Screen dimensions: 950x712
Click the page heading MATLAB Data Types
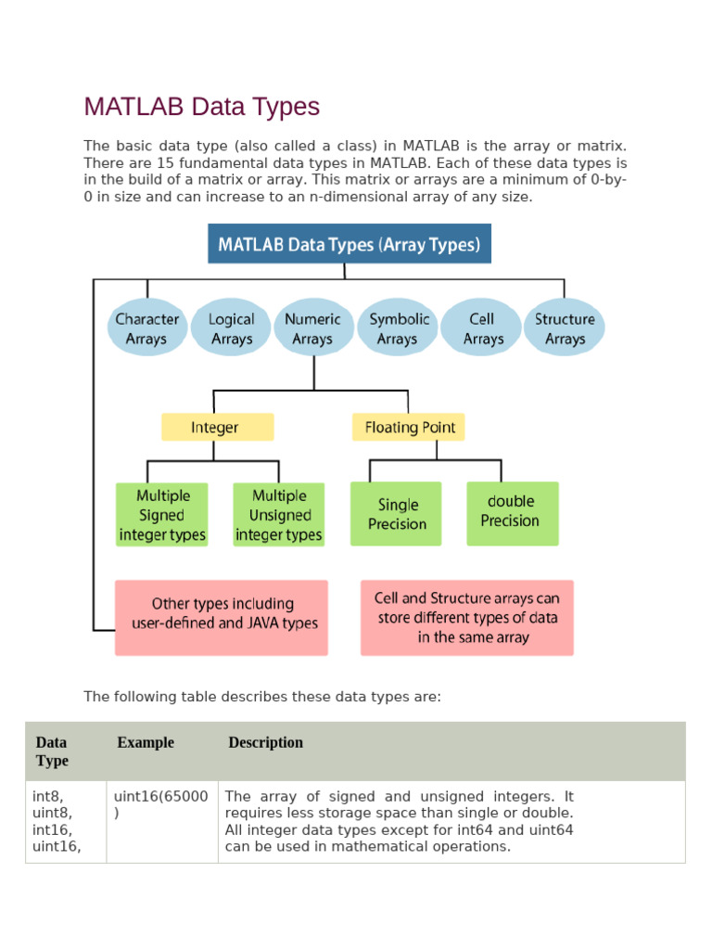coord(201,107)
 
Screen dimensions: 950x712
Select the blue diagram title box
coord(349,244)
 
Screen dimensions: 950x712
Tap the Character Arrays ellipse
coord(146,328)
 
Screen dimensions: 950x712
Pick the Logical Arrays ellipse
coord(231,328)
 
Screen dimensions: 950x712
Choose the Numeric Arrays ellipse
coord(312,328)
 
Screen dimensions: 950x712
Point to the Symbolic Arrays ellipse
coord(399,328)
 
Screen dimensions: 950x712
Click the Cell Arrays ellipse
coord(482,328)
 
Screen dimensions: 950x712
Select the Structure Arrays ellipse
coord(565,328)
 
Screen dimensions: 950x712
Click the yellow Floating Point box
coord(409,427)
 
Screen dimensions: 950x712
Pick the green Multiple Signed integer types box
coord(162,515)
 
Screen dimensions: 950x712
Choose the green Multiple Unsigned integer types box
coord(279,515)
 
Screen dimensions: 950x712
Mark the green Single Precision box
coord(397,514)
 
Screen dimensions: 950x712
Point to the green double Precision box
coord(513,512)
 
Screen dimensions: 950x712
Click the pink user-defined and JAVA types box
coord(222,617)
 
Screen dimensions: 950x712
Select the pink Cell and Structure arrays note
coord(467,617)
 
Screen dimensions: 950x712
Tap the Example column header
coord(146,742)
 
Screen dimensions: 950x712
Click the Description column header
coord(266,742)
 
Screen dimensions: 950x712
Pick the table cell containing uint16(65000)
coord(161,804)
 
